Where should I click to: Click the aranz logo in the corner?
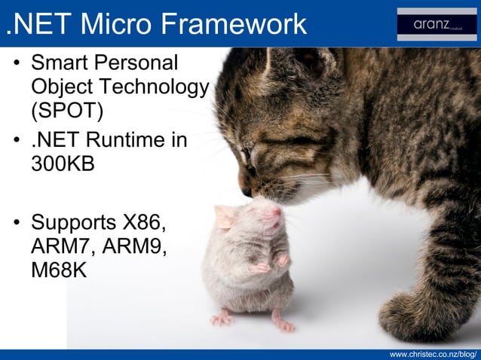click(437, 24)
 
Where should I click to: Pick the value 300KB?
click(63, 164)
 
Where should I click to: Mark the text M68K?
click(60, 270)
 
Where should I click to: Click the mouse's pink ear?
click(225, 217)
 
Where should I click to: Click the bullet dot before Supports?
click(16, 224)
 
